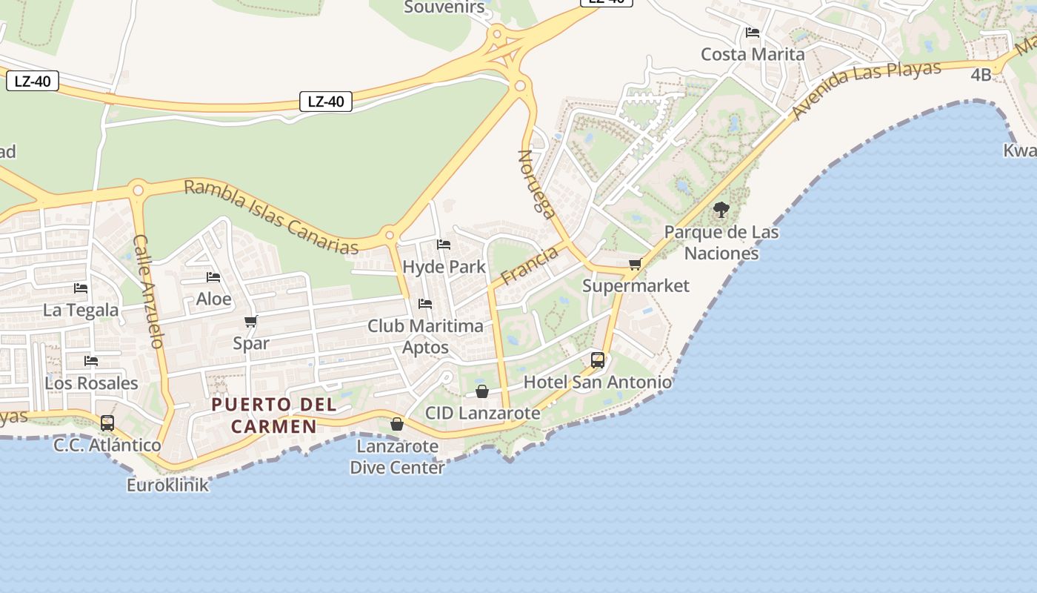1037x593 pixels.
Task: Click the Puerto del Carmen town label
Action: (274, 415)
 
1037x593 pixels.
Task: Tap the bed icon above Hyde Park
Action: (444, 244)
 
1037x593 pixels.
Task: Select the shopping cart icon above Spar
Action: (250, 321)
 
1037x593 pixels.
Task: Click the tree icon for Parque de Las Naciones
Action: (721, 210)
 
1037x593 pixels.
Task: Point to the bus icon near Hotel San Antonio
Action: (598, 360)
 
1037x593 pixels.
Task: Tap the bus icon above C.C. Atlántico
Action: (107, 423)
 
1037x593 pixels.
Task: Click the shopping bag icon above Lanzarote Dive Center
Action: (397, 424)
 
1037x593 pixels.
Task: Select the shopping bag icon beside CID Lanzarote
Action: (482, 391)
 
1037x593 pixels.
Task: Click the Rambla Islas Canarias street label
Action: (271, 217)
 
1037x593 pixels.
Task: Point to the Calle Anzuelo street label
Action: (147, 291)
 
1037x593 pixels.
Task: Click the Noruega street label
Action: (537, 185)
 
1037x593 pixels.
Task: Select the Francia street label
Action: (530, 266)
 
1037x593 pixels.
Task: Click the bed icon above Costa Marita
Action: (753, 32)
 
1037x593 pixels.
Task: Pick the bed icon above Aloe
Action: (213, 277)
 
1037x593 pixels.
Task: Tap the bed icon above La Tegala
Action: (81, 288)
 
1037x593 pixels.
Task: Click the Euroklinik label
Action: (168, 486)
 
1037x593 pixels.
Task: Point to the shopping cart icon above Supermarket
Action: (635, 265)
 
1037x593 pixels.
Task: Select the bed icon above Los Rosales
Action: (91, 361)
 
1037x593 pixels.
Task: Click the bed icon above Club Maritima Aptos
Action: (425, 303)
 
